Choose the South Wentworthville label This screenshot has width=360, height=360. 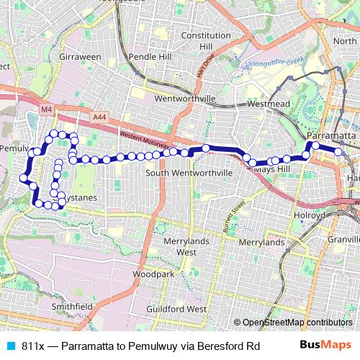189,173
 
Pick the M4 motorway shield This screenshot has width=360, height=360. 47,109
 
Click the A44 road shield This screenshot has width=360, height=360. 99,115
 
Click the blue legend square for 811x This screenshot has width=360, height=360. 10,346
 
